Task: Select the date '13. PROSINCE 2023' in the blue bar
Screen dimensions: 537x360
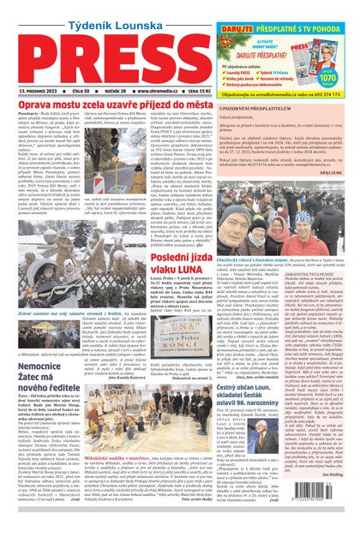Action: tap(38, 90)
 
